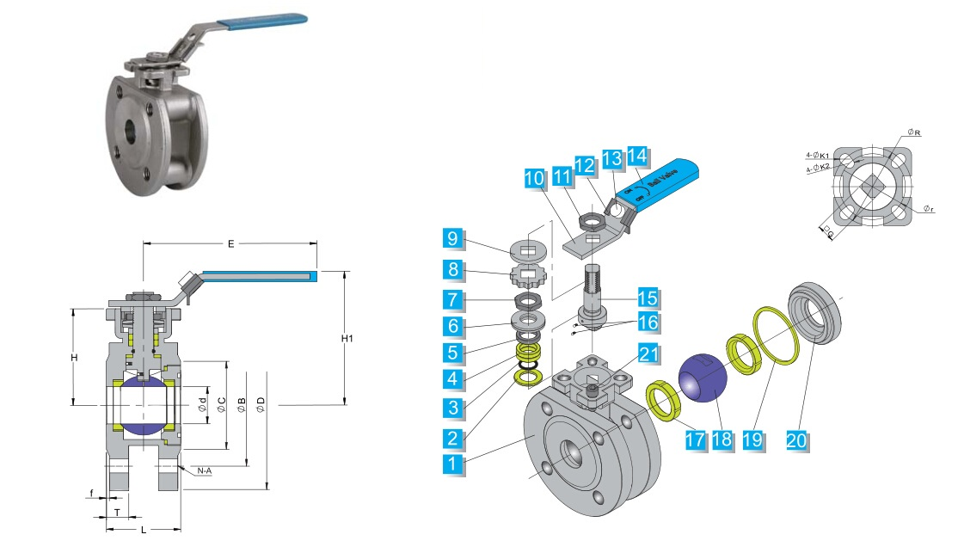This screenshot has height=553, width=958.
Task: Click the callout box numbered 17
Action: [695, 439]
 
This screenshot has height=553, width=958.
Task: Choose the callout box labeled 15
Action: [648, 298]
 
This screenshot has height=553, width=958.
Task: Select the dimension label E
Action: [230, 244]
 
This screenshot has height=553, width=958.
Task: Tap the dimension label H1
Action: [347, 339]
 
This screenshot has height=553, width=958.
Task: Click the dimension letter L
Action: [143, 530]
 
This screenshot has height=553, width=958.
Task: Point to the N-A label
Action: [205, 471]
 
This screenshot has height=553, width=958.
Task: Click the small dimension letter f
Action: [92, 494]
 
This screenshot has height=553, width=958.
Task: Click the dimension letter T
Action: [117, 513]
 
